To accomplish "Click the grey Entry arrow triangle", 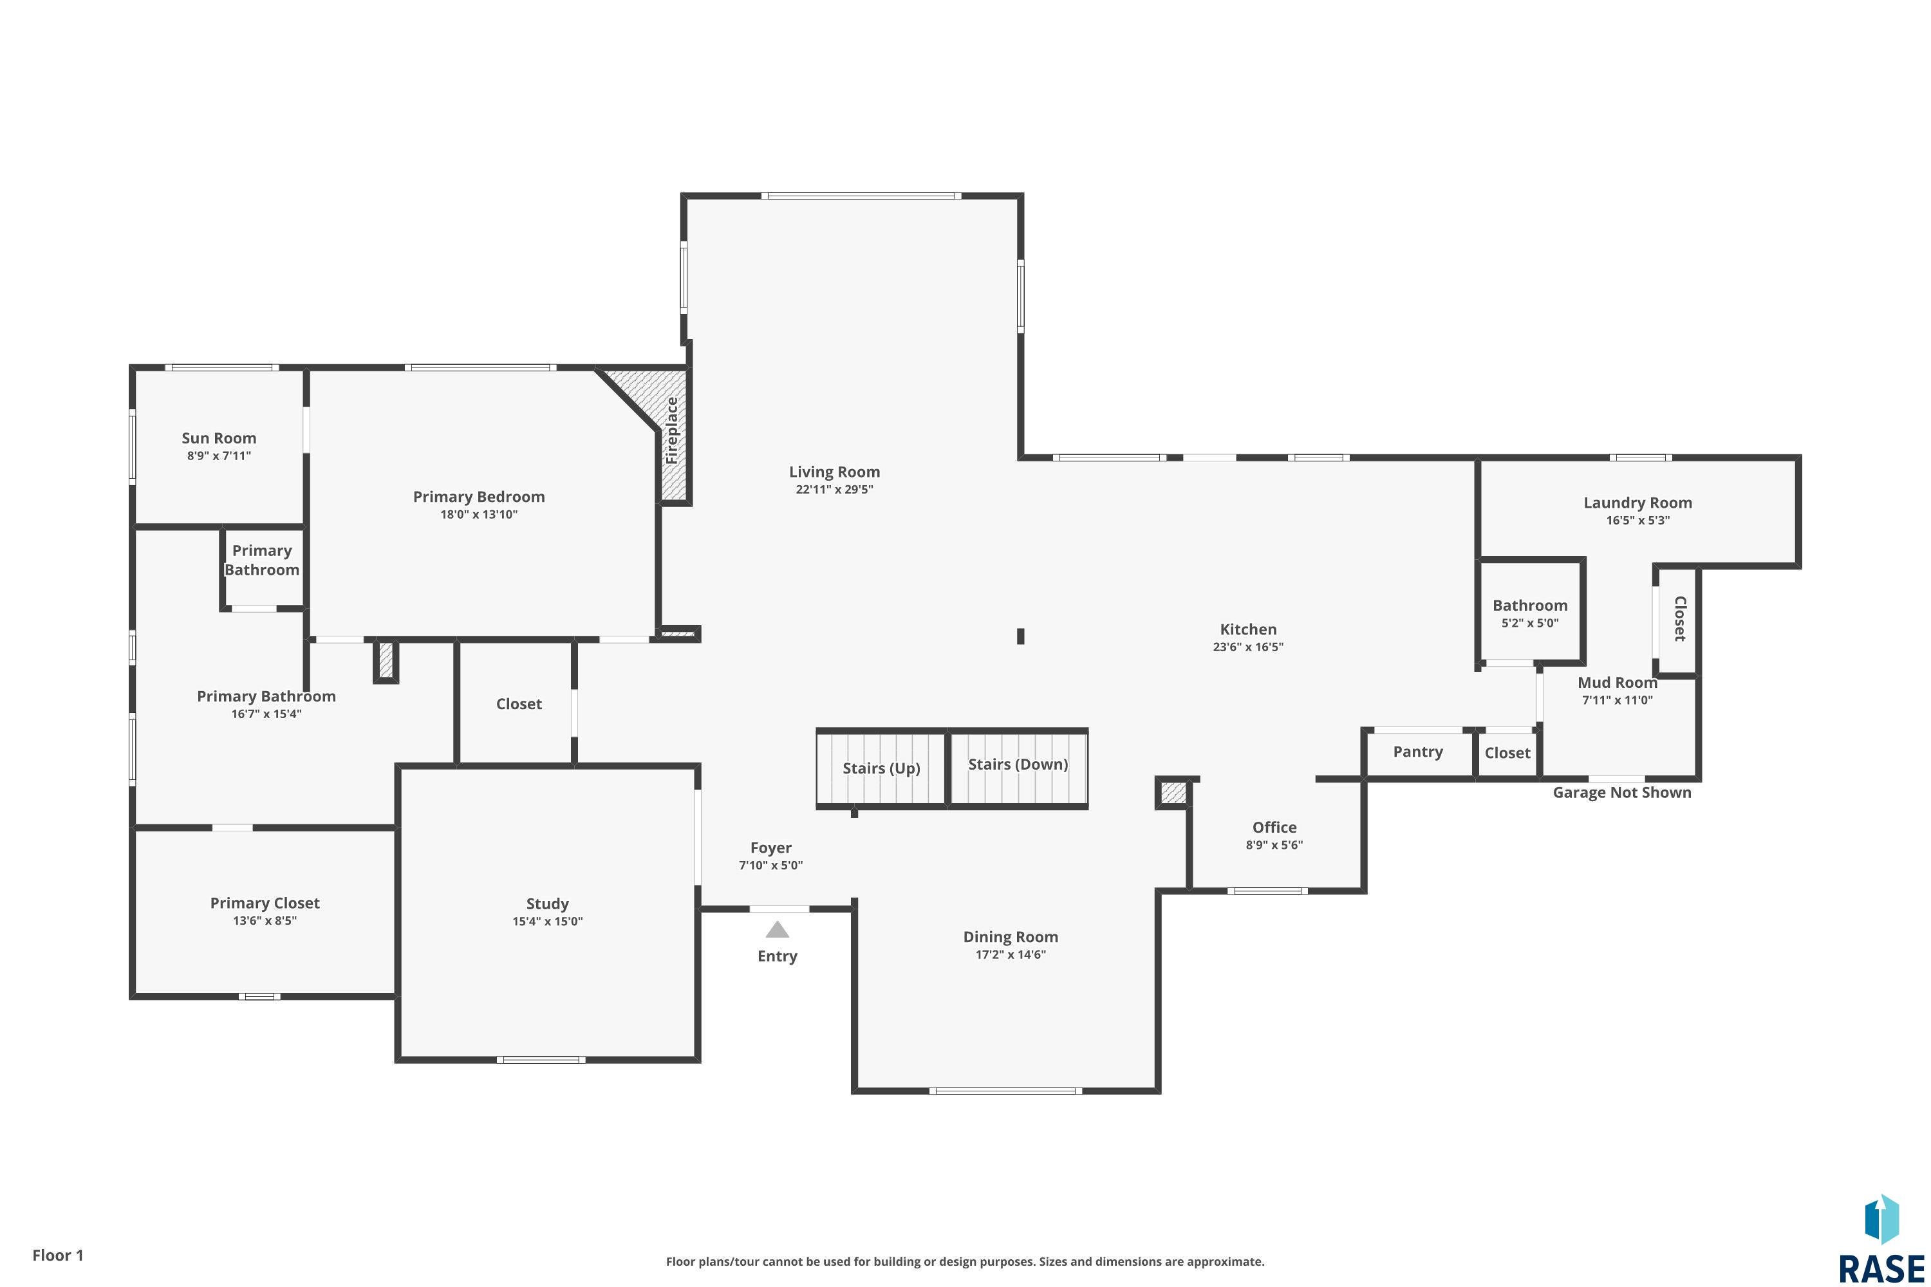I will pos(777,930).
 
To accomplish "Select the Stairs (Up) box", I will pos(882,768).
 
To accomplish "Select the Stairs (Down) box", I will pos(1018,765).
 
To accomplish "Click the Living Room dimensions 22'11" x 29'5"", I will pos(834,490).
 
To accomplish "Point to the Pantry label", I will pos(1418,752).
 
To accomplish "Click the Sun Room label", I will pos(219,438).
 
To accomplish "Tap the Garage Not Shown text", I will pos(1621,793).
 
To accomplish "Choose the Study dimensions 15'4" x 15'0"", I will pos(548,921).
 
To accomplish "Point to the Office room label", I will pos(1274,828).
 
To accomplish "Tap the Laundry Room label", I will pos(1637,503).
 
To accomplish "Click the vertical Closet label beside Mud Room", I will pos(1680,619).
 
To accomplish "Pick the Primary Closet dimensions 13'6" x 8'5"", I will pos(265,921).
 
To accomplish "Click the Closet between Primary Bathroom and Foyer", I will pos(519,704).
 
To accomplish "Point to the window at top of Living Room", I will pos(861,196).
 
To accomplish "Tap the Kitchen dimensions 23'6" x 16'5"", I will pos(1248,647).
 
